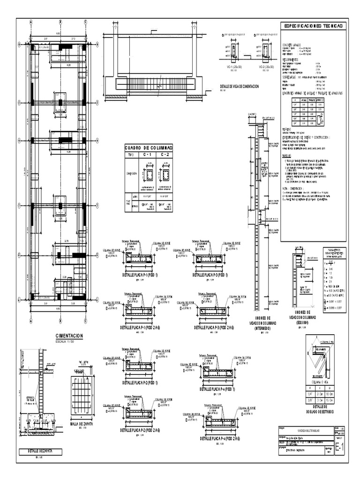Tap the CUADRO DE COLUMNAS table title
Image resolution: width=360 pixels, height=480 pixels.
coord(149,147)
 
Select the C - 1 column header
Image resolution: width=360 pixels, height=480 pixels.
coord(149,154)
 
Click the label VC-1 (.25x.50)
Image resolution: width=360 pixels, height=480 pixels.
coord(233,67)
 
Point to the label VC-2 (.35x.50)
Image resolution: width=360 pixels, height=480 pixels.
coord(266,67)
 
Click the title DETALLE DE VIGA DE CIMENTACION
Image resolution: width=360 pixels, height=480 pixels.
coord(239,87)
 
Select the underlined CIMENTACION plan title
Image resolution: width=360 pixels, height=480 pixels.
coord(69,336)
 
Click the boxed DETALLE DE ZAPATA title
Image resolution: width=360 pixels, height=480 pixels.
coord(37,452)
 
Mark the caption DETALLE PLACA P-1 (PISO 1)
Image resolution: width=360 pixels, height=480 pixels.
coord(140,275)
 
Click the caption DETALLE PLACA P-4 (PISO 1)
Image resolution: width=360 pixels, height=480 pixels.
coord(217,389)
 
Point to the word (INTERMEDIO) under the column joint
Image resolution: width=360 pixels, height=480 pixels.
coord(256,329)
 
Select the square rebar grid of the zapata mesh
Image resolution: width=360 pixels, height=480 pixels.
coord(85,397)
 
